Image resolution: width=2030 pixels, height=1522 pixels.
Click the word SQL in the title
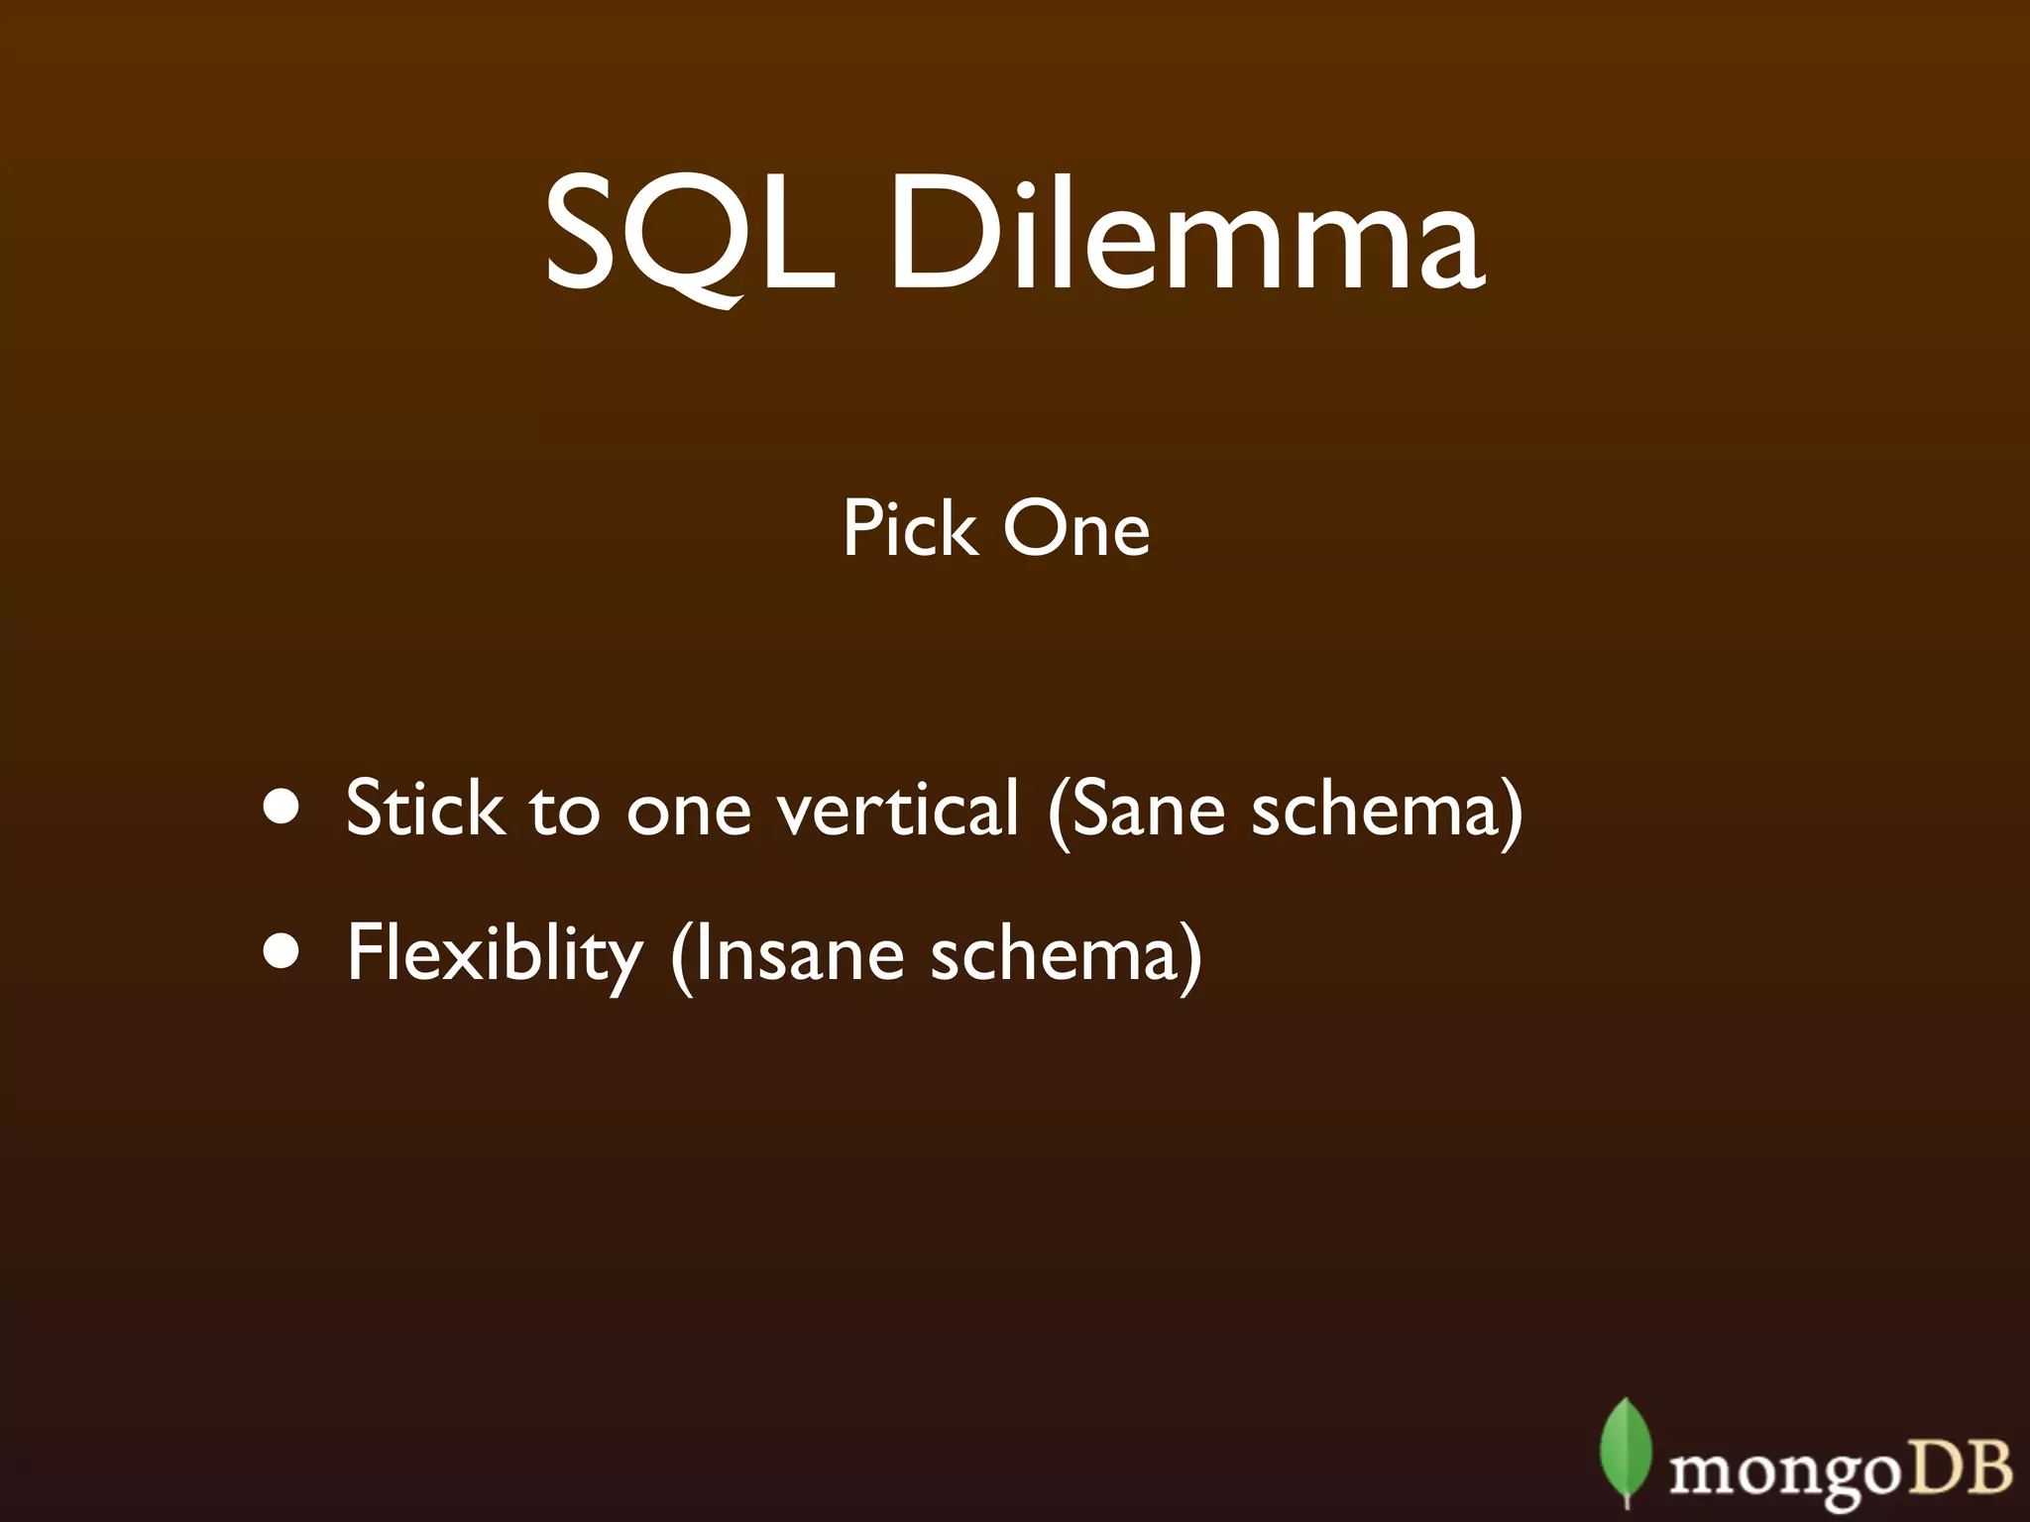tap(688, 235)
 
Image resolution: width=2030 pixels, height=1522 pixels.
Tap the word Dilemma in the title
tap(1185, 235)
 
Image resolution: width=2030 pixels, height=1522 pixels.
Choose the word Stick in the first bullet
tap(424, 808)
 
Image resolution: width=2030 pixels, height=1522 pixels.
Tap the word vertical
tap(897, 808)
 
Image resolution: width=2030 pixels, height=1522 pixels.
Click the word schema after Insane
tap(1054, 953)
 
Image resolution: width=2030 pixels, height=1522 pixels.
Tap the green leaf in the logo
tap(1626, 1455)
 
